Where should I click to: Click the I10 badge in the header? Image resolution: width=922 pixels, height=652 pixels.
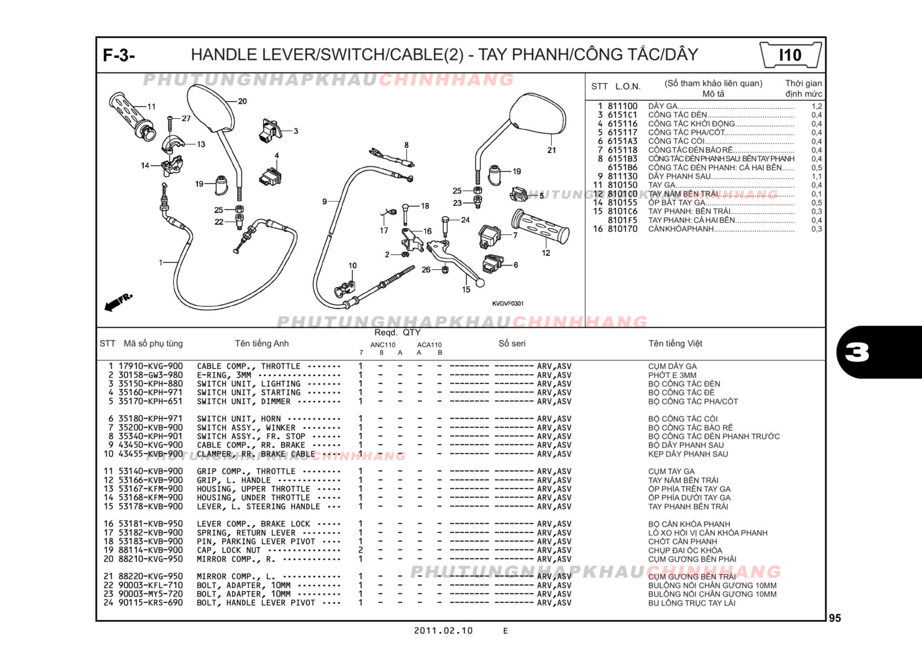click(x=790, y=56)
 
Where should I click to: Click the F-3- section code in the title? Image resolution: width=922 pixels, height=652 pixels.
click(x=119, y=56)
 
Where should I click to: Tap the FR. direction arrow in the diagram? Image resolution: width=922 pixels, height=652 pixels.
click(x=118, y=302)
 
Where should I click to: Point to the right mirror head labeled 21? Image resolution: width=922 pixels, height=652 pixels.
click(x=537, y=117)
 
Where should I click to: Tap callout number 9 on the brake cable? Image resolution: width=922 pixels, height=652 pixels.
click(x=324, y=202)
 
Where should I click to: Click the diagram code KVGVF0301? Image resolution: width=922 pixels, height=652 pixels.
click(x=508, y=304)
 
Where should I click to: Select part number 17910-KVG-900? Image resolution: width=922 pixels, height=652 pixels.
click(x=150, y=366)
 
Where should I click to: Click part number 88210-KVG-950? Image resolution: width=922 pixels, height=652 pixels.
click(x=150, y=559)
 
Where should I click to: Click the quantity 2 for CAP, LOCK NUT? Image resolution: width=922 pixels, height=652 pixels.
click(x=360, y=550)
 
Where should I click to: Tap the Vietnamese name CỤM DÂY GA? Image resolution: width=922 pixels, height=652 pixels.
click(x=672, y=366)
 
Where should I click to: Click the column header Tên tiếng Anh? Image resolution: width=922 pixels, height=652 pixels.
click(x=261, y=344)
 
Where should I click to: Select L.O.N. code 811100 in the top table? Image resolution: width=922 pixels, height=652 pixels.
click(x=623, y=106)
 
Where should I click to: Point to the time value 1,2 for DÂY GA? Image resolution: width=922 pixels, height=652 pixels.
click(x=816, y=106)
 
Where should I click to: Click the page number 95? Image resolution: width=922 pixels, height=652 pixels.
click(x=834, y=618)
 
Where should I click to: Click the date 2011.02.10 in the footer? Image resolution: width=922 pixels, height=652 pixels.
click(x=443, y=631)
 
